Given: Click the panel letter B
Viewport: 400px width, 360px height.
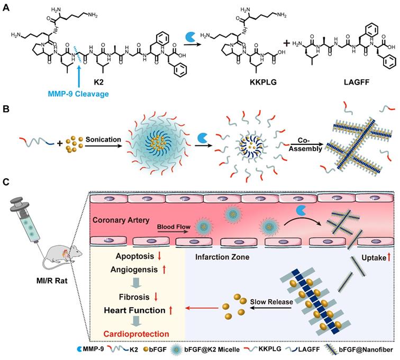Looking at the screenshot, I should [x=6, y=112].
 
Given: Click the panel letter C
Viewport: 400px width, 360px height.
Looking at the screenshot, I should [x=6, y=182].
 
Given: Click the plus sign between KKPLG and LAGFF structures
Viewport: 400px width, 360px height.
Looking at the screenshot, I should [x=286, y=44].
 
